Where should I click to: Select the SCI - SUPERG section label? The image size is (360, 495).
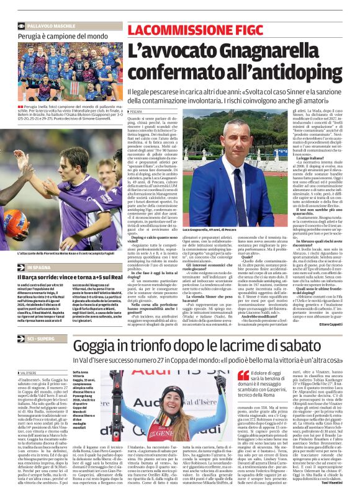coord(41,340)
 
